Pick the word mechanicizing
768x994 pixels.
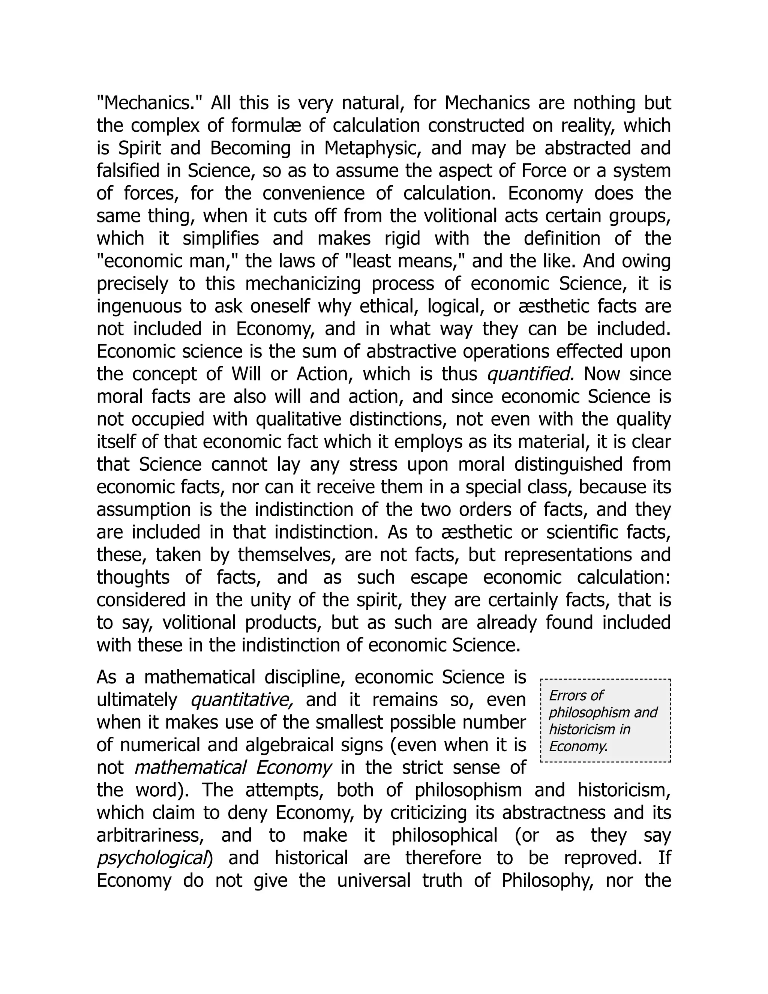coord(303,284)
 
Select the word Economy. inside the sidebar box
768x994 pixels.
coord(578,746)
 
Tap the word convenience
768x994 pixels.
coord(313,194)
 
